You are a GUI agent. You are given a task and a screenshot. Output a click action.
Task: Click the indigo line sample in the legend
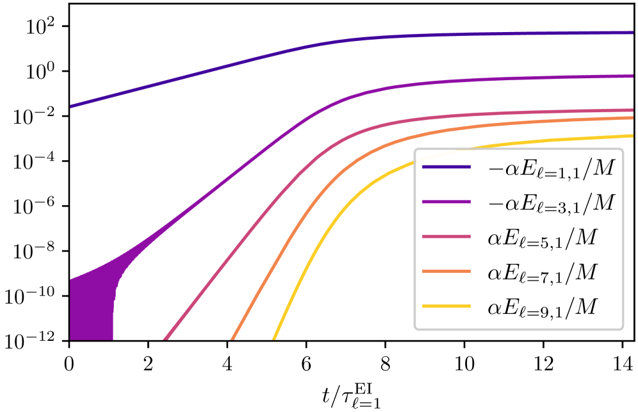pos(446,168)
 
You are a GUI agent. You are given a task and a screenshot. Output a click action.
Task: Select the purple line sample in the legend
pos(446,202)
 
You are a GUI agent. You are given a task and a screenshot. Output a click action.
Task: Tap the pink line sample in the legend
pos(446,237)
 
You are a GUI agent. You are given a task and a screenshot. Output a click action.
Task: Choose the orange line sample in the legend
pos(446,272)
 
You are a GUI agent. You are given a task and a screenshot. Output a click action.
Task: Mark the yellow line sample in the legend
pos(446,307)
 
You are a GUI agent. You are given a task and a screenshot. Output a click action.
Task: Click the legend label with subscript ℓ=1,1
pos(550,169)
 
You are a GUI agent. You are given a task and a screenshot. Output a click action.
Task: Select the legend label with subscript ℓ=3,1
pos(550,203)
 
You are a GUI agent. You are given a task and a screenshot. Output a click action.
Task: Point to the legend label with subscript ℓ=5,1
pos(542,238)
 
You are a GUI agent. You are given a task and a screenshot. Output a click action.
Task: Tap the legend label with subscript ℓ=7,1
pos(542,273)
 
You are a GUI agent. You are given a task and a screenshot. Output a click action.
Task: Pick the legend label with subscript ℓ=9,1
pos(542,308)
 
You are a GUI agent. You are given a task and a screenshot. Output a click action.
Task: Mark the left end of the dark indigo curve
pos(72,106)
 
